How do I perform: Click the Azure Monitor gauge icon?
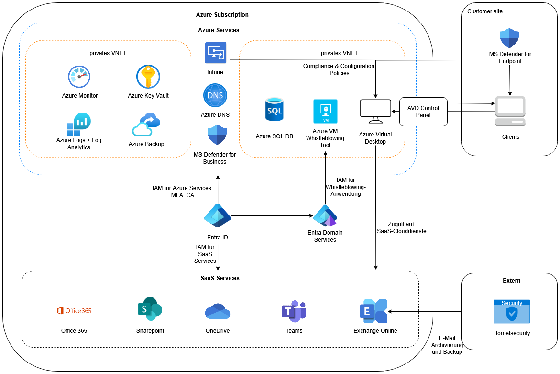79,77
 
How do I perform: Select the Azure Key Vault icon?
148,77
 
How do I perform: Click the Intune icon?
215,53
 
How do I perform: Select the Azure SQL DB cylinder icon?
275,109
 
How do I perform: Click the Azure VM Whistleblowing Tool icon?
325,111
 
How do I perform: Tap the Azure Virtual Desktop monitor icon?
375,110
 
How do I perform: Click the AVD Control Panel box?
423,112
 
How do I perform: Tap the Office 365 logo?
74,311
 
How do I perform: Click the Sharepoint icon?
150,309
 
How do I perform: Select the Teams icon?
294,311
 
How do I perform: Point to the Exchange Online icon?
373,311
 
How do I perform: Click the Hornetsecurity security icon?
512,311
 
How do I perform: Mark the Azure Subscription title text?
222,15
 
